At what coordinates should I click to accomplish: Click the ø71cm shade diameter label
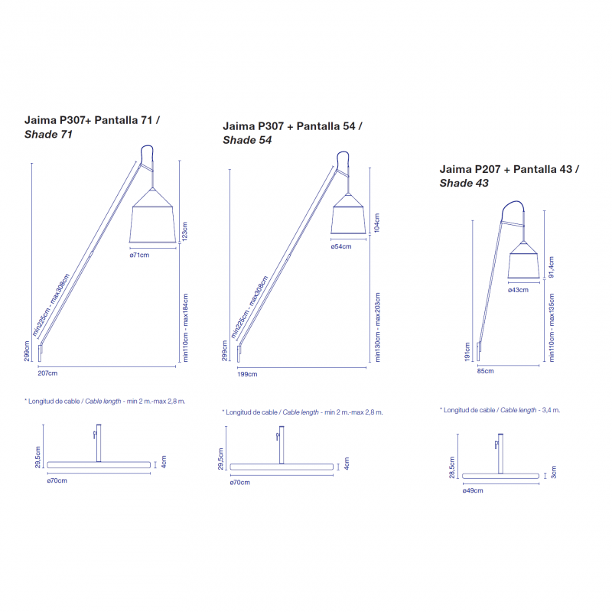pos(139,255)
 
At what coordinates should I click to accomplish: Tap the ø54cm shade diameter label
pos(341,246)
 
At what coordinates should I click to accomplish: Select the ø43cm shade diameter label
pos(518,290)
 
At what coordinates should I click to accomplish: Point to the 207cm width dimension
pos(47,373)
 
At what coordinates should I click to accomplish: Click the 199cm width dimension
pos(247,374)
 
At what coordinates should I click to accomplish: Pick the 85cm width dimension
pos(485,371)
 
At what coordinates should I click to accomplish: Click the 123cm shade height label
pos(185,230)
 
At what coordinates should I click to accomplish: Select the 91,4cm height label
pos(552,267)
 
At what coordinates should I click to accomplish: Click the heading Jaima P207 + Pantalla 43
pos(509,169)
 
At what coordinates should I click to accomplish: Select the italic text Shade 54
pos(246,140)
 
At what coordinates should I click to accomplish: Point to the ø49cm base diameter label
pos(473,491)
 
